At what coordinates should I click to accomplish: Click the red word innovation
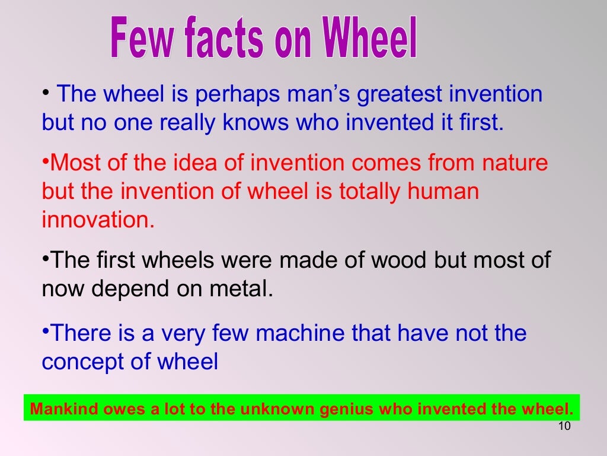point(97,220)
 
